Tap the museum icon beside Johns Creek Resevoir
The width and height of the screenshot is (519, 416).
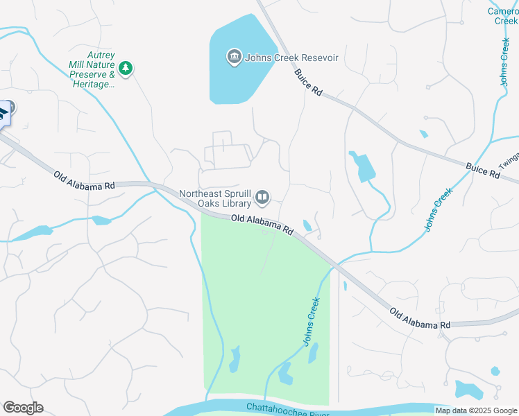234,56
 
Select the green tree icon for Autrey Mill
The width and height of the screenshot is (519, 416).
125,68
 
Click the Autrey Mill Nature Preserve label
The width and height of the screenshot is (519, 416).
92,69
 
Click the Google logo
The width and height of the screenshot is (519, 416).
23,408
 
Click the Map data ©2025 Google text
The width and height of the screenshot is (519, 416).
476,410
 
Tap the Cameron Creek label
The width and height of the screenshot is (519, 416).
503,16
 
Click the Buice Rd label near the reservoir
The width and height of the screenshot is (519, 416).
308,82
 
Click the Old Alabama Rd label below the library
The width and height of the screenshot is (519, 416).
262,223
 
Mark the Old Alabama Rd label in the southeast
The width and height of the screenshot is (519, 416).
420,319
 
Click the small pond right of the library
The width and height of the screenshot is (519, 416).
307,225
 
